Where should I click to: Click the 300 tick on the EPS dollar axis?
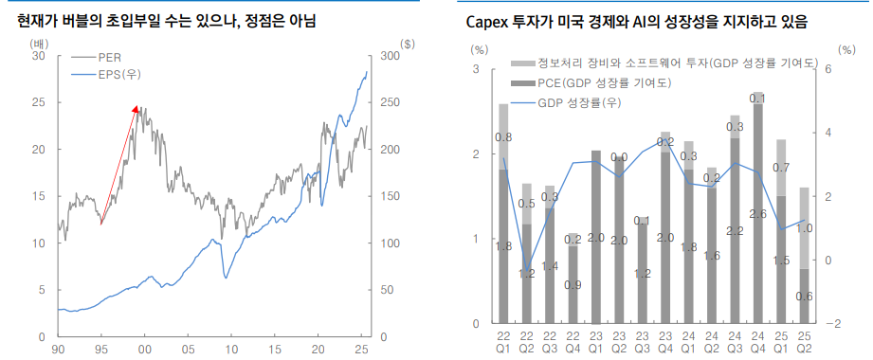coord(387,57)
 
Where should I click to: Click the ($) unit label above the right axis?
coord(408,44)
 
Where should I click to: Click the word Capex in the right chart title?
coord(488,21)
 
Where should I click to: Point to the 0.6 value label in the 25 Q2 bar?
coord(804,297)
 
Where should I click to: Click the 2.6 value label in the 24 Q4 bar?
coord(757,214)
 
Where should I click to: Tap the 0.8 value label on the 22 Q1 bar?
coord(504,137)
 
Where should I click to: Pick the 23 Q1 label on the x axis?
coord(596,343)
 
